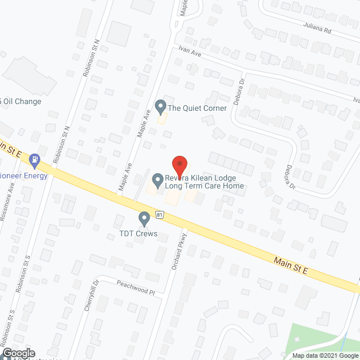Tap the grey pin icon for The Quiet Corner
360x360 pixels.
[x=160, y=106]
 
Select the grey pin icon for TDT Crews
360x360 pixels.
[x=144, y=217]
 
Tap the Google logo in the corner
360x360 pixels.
[x=18, y=353]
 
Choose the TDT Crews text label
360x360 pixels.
[x=138, y=233]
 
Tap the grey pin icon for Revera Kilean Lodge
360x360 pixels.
[x=156, y=179]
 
